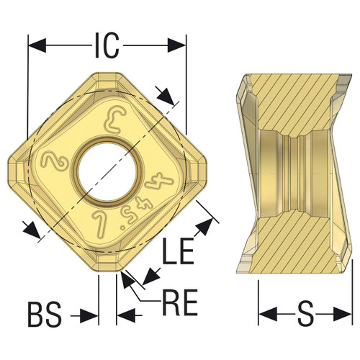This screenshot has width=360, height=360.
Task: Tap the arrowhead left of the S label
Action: coord(266,315)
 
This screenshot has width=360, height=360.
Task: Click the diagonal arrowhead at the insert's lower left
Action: coord(31,230)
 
